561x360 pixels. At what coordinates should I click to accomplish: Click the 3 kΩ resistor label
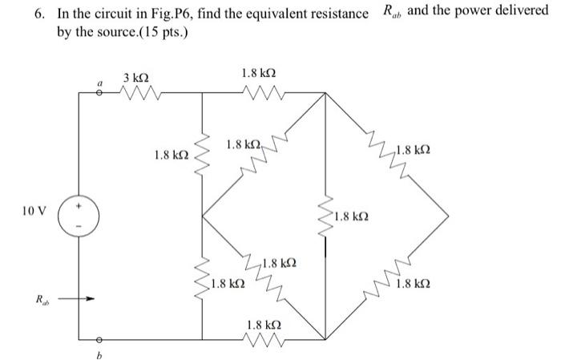pos(135,77)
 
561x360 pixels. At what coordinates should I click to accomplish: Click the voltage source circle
pos(79,214)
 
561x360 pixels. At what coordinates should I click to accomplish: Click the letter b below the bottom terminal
pos(99,353)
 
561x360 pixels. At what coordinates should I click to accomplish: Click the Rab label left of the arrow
pos(40,301)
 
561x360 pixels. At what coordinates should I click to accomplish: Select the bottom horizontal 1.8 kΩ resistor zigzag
pos(263,337)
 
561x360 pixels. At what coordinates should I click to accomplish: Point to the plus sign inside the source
pos(79,205)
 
